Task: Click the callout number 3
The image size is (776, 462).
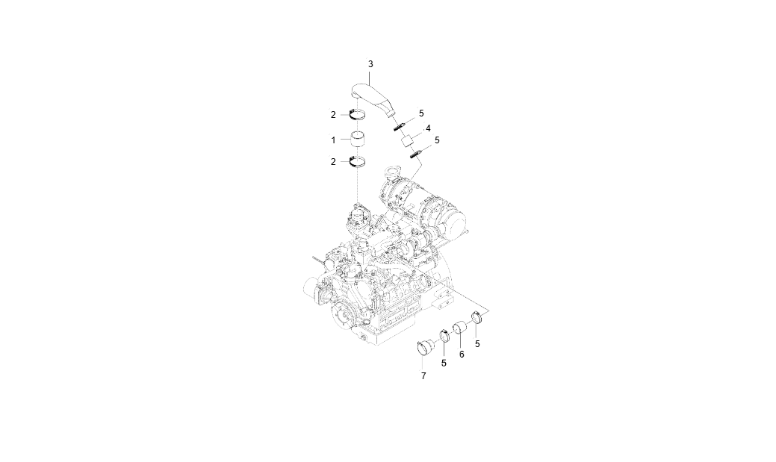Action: tap(370, 63)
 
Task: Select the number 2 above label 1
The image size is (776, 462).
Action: tap(333, 115)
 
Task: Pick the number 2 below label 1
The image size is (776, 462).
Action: tap(333, 162)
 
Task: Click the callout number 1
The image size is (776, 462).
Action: tap(333, 140)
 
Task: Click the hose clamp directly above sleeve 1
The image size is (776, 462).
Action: tap(357, 115)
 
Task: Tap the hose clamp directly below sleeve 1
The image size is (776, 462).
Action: tap(357, 161)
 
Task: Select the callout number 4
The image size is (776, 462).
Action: tap(428, 128)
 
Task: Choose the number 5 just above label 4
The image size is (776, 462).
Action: tap(421, 113)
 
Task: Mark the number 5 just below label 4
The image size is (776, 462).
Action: tap(436, 140)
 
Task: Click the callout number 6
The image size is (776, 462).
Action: tap(462, 355)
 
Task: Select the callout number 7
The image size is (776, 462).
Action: tap(423, 376)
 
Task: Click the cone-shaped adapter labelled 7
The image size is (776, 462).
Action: tap(425, 347)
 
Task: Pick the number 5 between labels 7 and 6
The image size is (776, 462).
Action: tap(444, 363)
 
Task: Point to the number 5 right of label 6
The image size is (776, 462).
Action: tap(477, 344)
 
